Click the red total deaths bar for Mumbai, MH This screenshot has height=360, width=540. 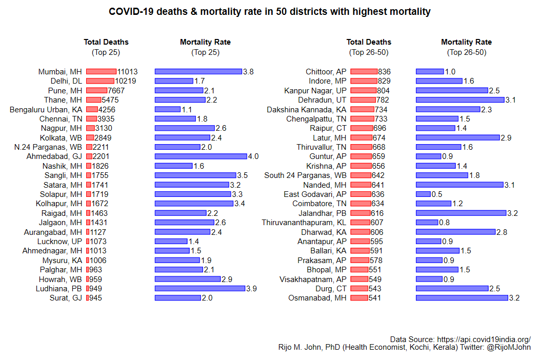pos(101,72)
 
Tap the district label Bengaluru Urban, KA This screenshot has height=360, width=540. pos(46,109)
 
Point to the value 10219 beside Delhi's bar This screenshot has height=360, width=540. pos(126,81)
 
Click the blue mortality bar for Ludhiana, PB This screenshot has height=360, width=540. pos(199,288)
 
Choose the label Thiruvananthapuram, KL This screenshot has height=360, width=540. pos(304,223)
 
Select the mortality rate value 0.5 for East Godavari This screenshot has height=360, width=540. pos(437,194)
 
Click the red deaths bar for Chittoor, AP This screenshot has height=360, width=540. pos(364,72)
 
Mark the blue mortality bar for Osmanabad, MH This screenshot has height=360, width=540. pos(462,298)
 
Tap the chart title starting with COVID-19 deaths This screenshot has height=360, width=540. pos(270,11)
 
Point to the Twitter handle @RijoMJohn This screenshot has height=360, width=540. pos(509,348)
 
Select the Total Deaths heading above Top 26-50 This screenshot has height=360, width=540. pos(369,42)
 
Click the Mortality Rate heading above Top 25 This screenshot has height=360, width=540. pos(205,42)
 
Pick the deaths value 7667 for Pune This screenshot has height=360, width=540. pos(116,91)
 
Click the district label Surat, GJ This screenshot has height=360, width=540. pos(66,298)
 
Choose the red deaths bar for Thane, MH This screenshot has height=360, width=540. pos(93,100)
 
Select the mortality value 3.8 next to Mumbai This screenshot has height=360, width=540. pos(248,72)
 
